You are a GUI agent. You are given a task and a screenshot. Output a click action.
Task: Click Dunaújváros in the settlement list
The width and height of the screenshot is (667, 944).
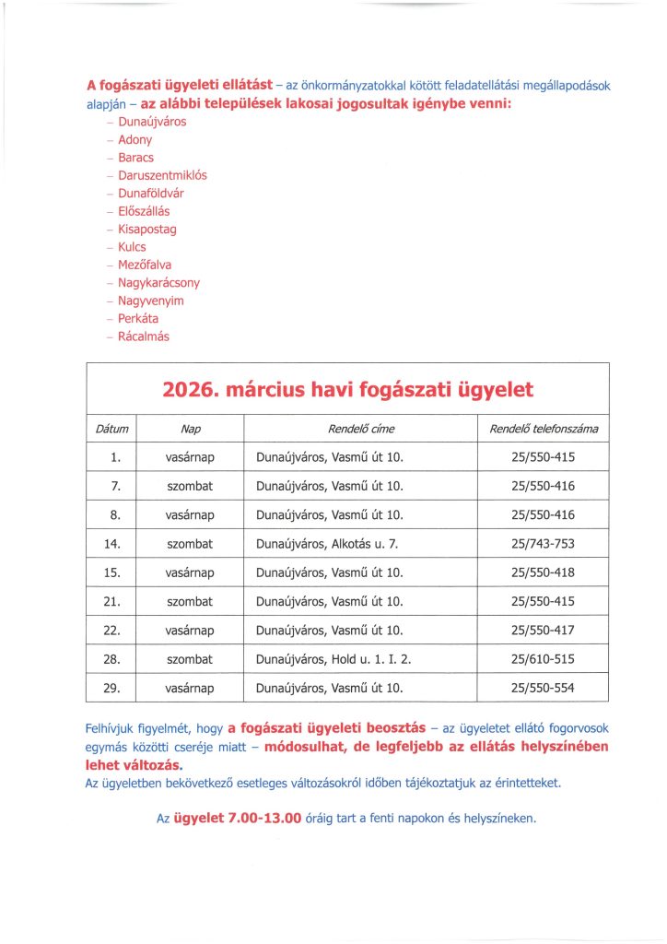coord(152,121)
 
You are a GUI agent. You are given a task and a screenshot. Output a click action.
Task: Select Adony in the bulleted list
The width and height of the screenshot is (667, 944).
coord(135,139)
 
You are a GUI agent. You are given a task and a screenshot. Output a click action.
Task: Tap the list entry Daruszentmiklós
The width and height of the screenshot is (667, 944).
coord(162,175)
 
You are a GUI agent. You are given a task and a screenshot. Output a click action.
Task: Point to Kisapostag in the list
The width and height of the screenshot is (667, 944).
coord(146,229)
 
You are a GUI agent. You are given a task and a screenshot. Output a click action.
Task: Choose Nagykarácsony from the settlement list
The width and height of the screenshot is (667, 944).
coord(158,282)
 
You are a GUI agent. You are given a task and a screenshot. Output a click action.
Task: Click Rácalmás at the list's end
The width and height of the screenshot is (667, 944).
coord(144,336)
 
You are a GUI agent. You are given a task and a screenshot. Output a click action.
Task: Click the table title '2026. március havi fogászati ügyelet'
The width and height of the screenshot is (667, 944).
coord(347,389)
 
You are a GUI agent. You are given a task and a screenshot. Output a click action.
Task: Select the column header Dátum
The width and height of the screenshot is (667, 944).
coord(112,429)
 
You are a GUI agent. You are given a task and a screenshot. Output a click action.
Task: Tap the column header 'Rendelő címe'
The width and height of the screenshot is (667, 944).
coord(360,429)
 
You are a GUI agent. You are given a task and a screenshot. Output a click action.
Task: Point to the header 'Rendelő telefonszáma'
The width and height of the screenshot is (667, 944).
coord(543,429)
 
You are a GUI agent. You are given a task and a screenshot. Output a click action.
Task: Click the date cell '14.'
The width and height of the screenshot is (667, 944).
coord(113,545)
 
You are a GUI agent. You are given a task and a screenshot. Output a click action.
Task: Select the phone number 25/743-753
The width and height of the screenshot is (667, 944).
coord(543,545)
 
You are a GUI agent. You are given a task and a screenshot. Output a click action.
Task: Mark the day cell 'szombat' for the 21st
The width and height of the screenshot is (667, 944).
coord(190,602)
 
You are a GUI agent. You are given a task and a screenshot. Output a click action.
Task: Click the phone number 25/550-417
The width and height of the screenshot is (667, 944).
coord(543,631)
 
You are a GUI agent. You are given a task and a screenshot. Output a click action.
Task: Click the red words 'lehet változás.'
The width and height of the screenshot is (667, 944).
coord(134,765)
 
